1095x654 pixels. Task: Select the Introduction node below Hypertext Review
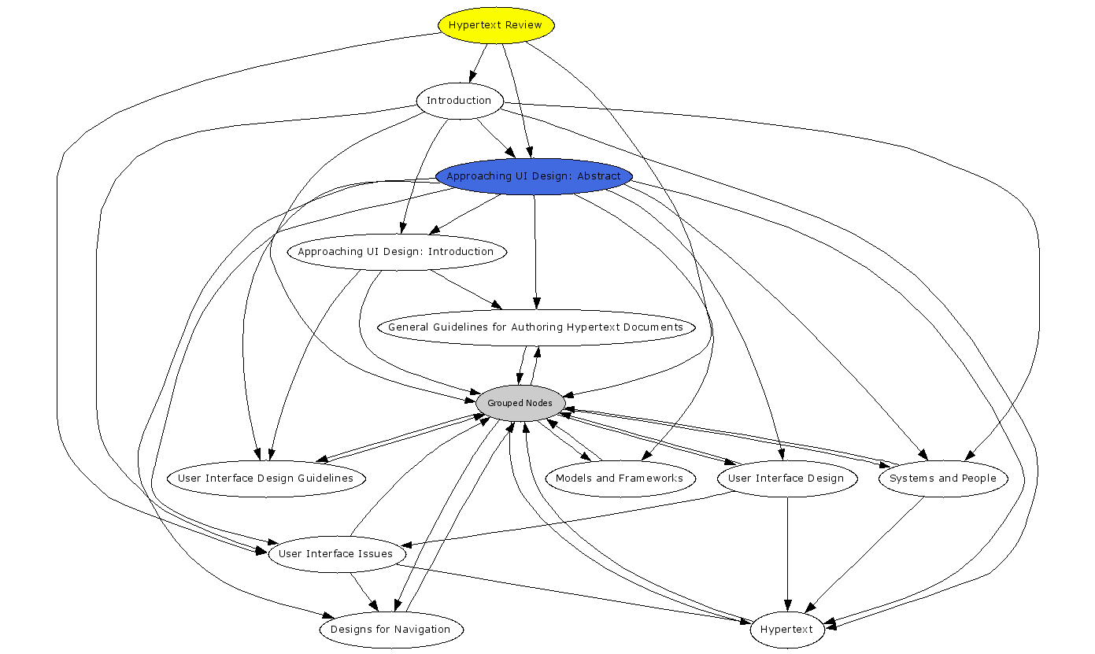point(459,101)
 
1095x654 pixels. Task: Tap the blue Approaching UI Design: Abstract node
point(534,176)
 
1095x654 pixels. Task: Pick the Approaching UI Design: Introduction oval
point(396,252)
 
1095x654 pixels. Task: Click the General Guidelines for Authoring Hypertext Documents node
point(536,327)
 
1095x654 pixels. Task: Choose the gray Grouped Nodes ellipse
point(520,403)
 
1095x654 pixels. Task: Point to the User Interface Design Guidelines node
point(266,478)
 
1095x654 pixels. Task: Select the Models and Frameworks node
point(620,478)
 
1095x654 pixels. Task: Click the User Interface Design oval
point(786,478)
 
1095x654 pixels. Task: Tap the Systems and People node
point(942,478)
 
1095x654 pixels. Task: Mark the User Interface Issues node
point(336,554)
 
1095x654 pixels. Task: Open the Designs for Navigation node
point(391,630)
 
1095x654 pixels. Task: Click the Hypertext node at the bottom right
point(787,630)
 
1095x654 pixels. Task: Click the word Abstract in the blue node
point(599,176)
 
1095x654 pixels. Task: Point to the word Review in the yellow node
point(523,25)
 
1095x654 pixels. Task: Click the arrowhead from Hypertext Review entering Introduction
point(472,76)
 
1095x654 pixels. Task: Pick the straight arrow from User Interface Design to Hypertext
point(787,551)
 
